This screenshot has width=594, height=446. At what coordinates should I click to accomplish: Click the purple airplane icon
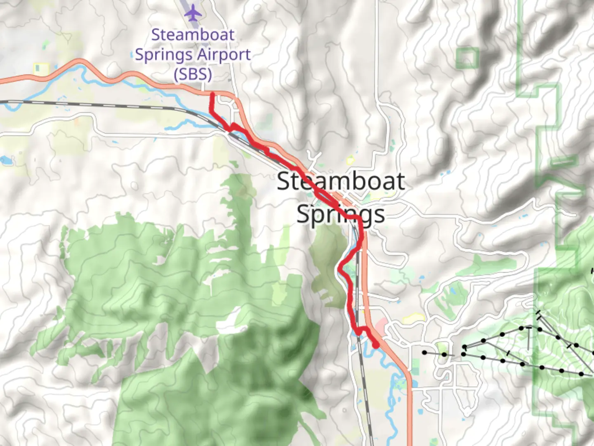pos(193,13)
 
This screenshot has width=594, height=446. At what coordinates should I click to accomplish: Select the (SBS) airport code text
pos(193,75)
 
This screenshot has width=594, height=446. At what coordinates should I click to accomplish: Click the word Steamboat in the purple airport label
pos(193,35)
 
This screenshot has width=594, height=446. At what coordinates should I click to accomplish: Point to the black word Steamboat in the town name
pos(340,181)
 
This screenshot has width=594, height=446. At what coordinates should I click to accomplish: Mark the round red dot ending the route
pos(376,345)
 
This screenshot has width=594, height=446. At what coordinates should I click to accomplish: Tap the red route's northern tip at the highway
pos(212,95)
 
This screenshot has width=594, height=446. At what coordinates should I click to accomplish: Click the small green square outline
pos(467,58)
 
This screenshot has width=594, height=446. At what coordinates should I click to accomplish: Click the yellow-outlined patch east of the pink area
pos(414,318)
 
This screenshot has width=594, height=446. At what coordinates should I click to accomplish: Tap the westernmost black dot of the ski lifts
pos(424,352)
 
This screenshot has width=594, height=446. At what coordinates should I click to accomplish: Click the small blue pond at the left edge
pos(5,160)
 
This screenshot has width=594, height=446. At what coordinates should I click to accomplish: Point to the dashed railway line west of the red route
pos(103,104)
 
